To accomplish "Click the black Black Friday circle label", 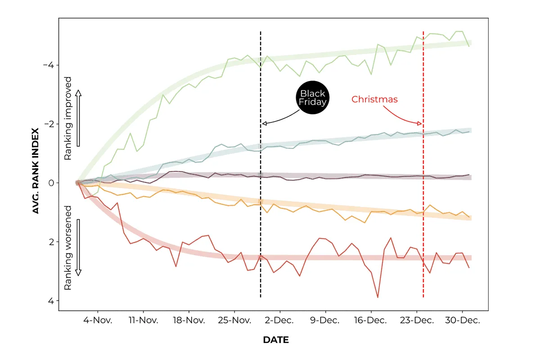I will [x=312, y=98].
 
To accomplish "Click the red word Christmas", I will [x=374, y=99].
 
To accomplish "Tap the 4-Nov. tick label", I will [x=97, y=320].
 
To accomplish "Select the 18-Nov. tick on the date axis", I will [x=189, y=320].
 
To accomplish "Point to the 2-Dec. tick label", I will [x=279, y=320].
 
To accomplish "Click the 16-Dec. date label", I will [x=370, y=320].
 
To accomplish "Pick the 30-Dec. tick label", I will [x=462, y=320].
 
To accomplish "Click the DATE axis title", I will [x=276, y=340].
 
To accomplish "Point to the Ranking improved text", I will [x=68, y=118].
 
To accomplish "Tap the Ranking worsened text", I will [x=68, y=247].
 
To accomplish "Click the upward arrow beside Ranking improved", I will [x=78, y=118].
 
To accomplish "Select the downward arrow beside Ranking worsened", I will [x=78, y=247].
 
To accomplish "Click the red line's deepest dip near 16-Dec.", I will [x=377, y=297].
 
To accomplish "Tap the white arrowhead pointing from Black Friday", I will [x=264, y=123].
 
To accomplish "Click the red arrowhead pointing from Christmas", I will [x=420, y=123].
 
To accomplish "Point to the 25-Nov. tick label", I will [x=234, y=320].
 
